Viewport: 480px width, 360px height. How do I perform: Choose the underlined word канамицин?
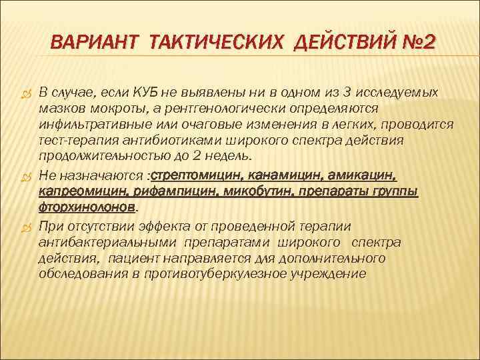click(x=274, y=175)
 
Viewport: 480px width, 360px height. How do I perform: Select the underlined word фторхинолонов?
click(x=87, y=207)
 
